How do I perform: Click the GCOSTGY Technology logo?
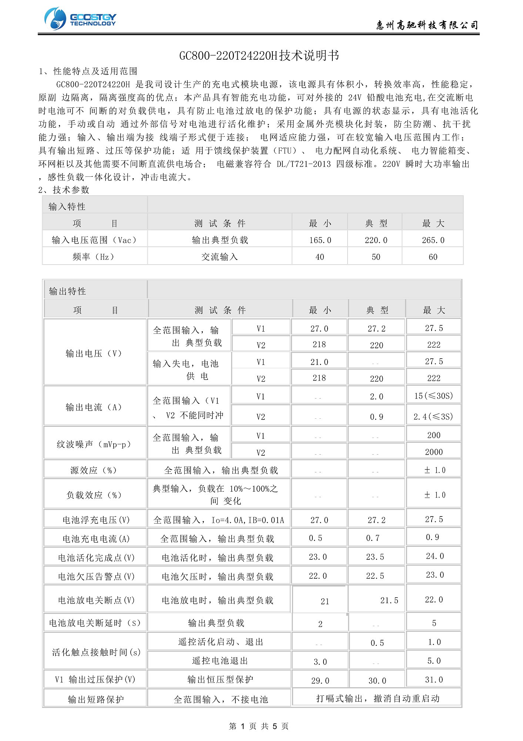[x=80, y=19]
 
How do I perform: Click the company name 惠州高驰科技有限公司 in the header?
[x=427, y=25]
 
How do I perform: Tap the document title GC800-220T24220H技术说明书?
[x=259, y=56]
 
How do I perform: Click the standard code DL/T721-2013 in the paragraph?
[x=304, y=164]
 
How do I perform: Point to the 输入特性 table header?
[x=67, y=206]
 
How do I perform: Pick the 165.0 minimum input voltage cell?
[x=320, y=240]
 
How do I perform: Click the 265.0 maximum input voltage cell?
[x=433, y=240]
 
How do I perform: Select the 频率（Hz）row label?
[x=94, y=257]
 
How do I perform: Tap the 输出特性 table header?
[x=67, y=291]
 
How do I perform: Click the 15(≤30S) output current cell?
[x=433, y=396]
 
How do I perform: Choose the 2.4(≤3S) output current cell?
[x=433, y=417]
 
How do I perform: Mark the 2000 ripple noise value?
[x=434, y=452]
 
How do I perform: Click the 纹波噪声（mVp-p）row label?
[x=94, y=444]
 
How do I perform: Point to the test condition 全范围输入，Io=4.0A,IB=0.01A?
[x=219, y=520]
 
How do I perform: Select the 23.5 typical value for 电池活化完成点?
[x=375, y=557]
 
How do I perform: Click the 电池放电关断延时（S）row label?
[x=95, y=623]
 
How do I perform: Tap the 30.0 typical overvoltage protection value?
[x=377, y=681]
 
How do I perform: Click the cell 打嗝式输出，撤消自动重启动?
[x=378, y=698]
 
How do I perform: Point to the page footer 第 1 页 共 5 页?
[x=259, y=726]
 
